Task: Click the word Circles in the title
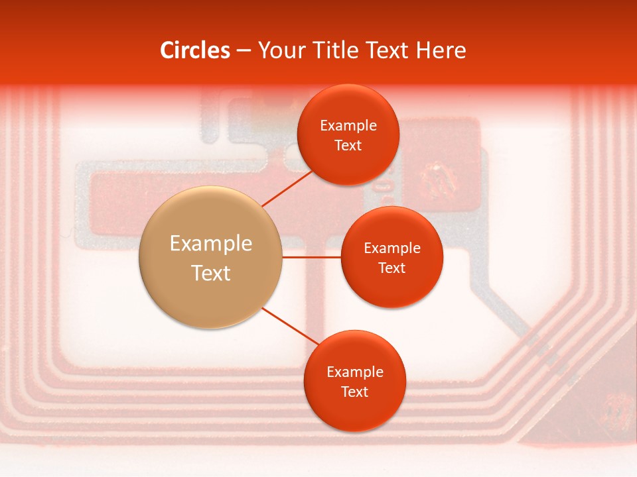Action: pos(194,50)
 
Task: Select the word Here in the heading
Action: pos(441,50)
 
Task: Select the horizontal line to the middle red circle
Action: pos(312,257)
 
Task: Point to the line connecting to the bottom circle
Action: pos(290,326)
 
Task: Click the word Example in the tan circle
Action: pos(210,244)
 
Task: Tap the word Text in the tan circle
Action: pos(210,273)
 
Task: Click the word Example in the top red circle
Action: pos(348,126)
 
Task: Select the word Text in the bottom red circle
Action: pos(354,392)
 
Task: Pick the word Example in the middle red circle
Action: pos(391,248)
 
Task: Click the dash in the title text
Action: pos(243,50)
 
